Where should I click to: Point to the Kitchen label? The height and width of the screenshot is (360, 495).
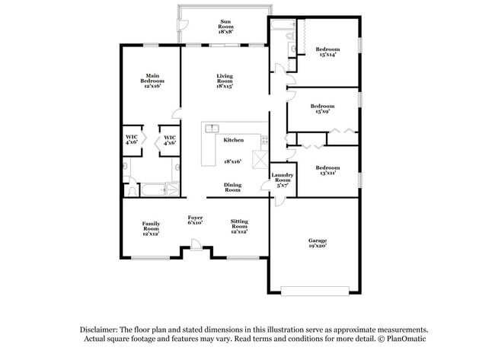pos(233,140)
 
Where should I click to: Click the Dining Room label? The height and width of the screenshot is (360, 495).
pos(232,187)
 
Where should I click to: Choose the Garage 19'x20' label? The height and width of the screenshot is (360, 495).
pos(317,244)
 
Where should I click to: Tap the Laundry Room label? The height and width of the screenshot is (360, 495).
pos(282,180)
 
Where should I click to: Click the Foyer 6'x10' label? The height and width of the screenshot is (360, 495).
pos(196,221)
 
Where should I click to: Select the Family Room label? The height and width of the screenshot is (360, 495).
pos(151,228)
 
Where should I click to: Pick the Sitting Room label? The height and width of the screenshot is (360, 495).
pos(239,226)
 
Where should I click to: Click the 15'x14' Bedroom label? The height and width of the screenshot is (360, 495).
pos(327,53)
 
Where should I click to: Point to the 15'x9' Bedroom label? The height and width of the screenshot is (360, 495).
pos(322,109)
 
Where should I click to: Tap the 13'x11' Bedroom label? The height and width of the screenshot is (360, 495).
pos(327,170)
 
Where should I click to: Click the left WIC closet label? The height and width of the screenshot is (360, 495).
pos(132,140)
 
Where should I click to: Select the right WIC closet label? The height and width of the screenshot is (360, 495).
pos(170,140)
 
